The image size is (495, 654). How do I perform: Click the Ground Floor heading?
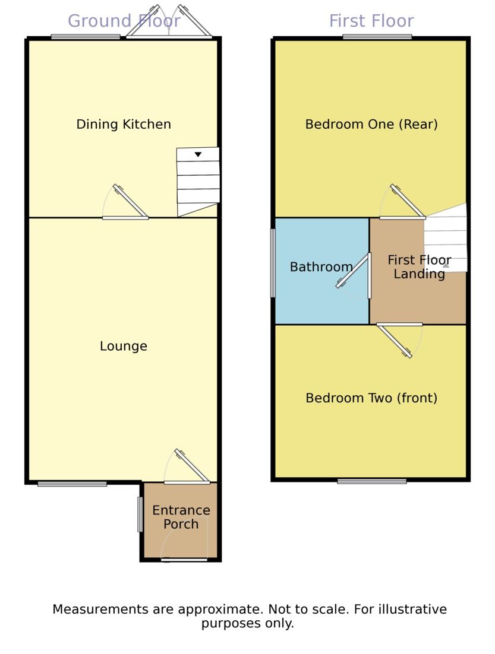(x=124, y=21)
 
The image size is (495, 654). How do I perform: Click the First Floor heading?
(x=371, y=21)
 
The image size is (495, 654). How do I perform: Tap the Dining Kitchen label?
(x=124, y=124)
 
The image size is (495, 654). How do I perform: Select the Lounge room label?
(x=124, y=346)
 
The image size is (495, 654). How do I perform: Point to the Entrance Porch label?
(x=181, y=517)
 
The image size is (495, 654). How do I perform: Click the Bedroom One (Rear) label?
(x=371, y=124)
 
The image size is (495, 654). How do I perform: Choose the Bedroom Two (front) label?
(x=371, y=398)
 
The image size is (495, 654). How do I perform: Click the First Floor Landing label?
(x=419, y=267)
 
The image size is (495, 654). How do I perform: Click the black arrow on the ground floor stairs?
(x=198, y=154)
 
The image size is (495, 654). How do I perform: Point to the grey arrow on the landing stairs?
(x=446, y=265)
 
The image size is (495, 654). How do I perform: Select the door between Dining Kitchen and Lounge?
(x=125, y=202)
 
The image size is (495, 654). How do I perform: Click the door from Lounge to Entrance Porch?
(x=187, y=466)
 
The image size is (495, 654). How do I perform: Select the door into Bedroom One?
(x=403, y=201)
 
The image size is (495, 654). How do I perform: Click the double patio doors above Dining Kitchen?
(x=169, y=22)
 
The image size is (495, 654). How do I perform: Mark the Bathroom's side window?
(x=273, y=263)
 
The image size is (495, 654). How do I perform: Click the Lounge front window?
(x=72, y=484)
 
